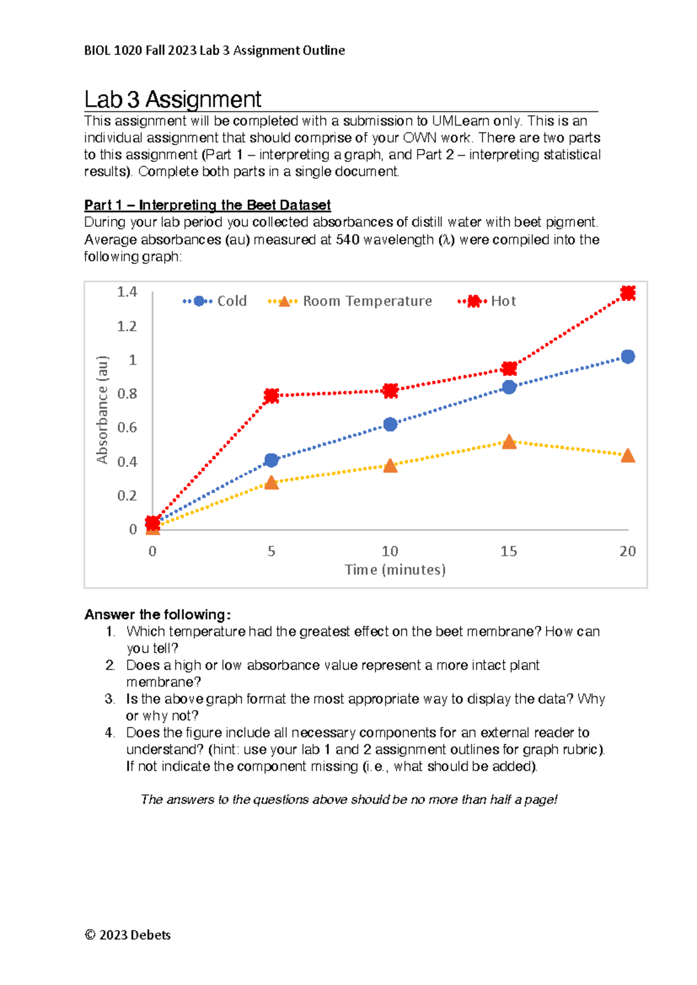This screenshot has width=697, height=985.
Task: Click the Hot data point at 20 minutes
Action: click(x=627, y=293)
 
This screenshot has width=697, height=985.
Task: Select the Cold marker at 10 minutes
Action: click(x=390, y=425)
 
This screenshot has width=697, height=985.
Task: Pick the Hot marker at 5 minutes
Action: click(x=271, y=396)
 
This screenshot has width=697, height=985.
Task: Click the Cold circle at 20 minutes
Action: click(x=627, y=357)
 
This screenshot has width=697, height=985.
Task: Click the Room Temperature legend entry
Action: click(x=350, y=301)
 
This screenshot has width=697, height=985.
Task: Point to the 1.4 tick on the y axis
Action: click(x=127, y=292)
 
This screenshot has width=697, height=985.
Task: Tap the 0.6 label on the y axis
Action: click(x=127, y=427)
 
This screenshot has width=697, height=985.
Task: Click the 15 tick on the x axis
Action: click(x=509, y=551)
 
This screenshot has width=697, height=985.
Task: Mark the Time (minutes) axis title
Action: click(x=395, y=570)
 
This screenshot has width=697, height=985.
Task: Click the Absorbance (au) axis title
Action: click(x=102, y=410)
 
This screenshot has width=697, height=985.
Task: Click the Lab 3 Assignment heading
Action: click(x=173, y=99)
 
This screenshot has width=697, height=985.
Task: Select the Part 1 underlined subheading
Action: click(x=207, y=205)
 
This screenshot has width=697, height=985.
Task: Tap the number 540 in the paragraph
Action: click(x=347, y=239)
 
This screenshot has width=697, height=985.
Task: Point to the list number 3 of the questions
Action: click(x=110, y=699)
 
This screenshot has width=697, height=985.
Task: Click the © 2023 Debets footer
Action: click(x=128, y=935)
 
